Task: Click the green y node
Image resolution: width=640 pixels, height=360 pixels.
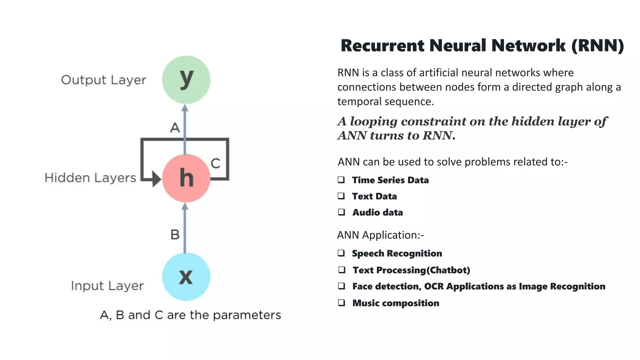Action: point(186,80)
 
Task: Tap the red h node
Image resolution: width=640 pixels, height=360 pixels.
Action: point(186,178)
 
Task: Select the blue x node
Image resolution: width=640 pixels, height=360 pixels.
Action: point(186,277)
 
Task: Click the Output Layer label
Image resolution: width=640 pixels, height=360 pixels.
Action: point(103,80)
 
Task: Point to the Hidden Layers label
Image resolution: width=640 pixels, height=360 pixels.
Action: point(90,178)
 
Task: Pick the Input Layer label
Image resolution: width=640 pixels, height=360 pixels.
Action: point(107,286)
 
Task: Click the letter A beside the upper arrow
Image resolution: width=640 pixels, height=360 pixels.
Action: point(175,128)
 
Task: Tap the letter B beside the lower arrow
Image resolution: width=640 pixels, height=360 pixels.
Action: point(175,235)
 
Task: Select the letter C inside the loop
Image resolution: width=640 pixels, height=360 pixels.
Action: point(215,163)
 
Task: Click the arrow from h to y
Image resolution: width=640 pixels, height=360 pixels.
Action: point(185,128)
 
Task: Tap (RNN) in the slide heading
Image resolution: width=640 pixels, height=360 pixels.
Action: point(597,46)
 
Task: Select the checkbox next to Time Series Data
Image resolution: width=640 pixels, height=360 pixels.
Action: point(341,180)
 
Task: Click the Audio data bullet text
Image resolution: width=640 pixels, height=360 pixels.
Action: point(377,212)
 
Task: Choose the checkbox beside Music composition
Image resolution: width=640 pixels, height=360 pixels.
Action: point(342,302)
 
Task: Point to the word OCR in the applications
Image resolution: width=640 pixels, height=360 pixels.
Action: point(433,286)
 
